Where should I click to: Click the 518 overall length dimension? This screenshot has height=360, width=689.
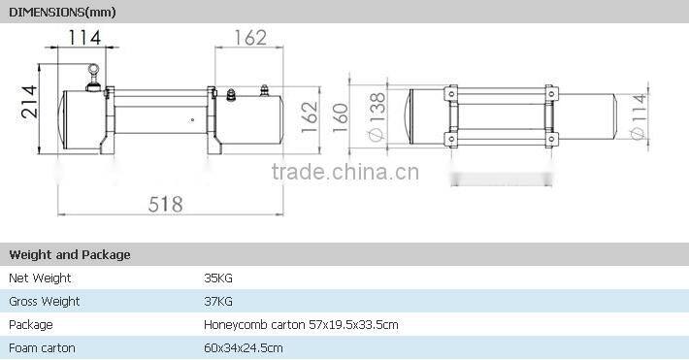coord(165,205)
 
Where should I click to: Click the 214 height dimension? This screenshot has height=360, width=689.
coord(29,102)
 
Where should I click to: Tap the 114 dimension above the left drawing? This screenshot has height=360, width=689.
coord(83,38)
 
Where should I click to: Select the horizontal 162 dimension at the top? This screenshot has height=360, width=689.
coord(250,38)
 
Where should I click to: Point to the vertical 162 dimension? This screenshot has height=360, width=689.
coord(310,117)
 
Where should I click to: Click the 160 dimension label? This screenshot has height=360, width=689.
coord(340,117)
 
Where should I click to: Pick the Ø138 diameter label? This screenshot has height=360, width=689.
coord(377,116)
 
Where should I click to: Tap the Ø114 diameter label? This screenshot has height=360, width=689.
coord(639,116)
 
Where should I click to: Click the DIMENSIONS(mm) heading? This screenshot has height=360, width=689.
coord(62,13)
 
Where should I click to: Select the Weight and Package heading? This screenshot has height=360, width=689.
coord(70,254)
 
